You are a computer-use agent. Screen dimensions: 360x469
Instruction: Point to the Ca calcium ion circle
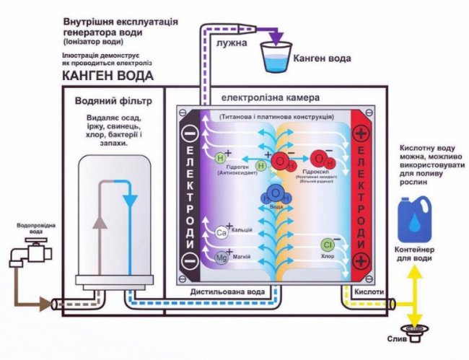[x=222, y=232]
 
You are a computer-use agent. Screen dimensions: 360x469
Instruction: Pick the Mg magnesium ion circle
[x=222, y=256]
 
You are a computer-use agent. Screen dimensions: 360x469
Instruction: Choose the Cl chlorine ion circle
[x=327, y=245]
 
